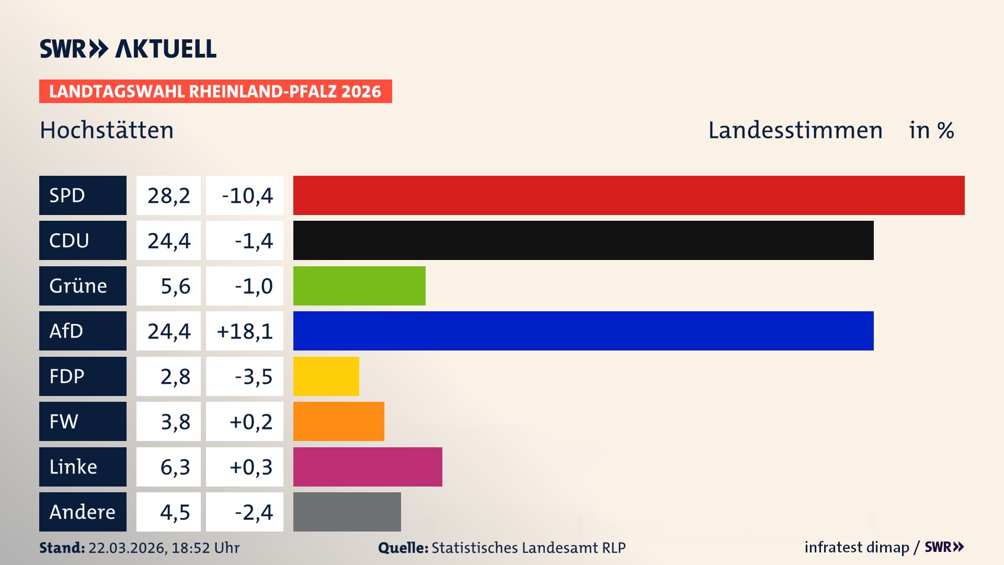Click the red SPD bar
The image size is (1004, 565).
[629, 195]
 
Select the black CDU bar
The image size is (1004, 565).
[583, 241]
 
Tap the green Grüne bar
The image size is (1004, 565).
[359, 286]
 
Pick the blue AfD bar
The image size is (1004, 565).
[583, 331]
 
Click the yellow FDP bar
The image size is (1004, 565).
[326, 376]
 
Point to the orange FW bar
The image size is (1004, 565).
[338, 422]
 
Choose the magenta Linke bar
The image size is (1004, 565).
[368, 467]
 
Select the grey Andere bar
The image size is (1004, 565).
[347, 512]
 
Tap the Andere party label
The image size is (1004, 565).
[83, 512]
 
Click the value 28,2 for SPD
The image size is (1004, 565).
[168, 195]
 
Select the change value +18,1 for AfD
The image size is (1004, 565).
[245, 331]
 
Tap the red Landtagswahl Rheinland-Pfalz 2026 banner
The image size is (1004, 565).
[215, 92]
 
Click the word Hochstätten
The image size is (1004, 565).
[107, 130]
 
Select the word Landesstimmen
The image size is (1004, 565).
[795, 130]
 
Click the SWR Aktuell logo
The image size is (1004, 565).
[128, 49]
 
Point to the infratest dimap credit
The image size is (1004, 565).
[856, 547]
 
